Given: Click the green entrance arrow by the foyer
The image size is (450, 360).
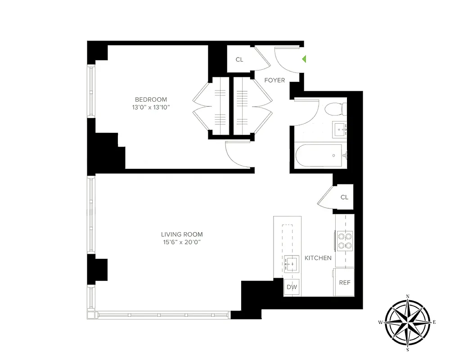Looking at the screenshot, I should click(x=305, y=59).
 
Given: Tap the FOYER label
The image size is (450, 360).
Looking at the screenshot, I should click(x=274, y=81).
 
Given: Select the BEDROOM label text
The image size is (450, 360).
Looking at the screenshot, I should click(x=151, y=99).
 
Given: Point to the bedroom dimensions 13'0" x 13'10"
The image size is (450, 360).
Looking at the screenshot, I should click(x=151, y=107).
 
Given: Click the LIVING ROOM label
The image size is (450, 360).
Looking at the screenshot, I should click(x=182, y=234).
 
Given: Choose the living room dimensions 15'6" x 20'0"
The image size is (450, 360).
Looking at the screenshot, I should click(x=182, y=242).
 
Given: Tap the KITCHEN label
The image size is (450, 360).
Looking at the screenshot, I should click(x=318, y=258).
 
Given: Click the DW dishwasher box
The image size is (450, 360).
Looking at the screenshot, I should click(x=292, y=287).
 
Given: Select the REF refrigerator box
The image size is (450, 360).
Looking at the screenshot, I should click(x=345, y=283).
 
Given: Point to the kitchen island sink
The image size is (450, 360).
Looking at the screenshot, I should click(x=292, y=262).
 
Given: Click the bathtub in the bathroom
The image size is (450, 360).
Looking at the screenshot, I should click(x=320, y=156).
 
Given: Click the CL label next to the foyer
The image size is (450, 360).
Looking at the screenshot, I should click(x=239, y=59).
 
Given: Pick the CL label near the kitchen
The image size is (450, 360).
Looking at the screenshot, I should click(x=344, y=197).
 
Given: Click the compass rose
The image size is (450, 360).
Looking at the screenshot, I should click(x=408, y=322).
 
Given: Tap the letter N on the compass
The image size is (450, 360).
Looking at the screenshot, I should click(x=408, y=296).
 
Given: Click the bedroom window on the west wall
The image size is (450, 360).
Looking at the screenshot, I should click(x=91, y=92).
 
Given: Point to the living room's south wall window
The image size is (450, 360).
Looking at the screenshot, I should click(x=163, y=315).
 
